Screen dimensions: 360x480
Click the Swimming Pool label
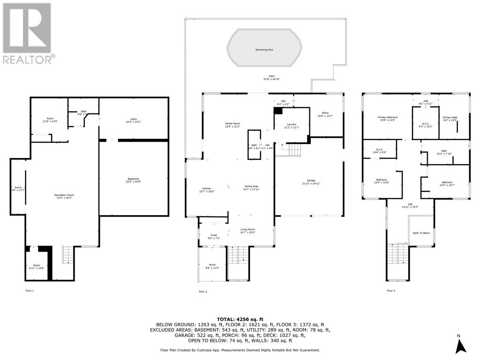coord(264,49)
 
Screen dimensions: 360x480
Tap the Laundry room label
coord(291,126)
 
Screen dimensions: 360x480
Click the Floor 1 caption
coord(30,291)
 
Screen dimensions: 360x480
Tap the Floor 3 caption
coord(391,291)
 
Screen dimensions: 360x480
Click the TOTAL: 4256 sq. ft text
coord(243,318)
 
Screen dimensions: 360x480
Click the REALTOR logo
coord(27,33)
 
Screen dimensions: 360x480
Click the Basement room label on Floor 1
coord(134,180)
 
